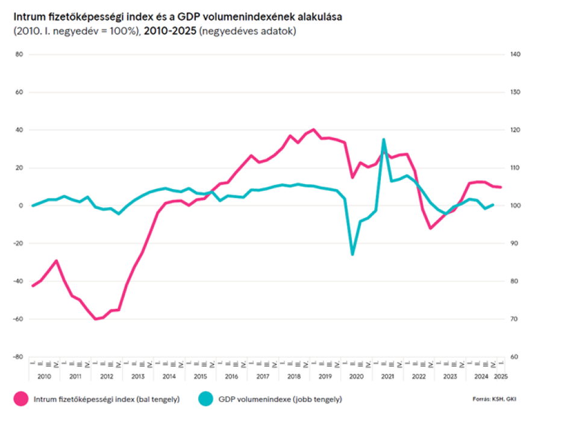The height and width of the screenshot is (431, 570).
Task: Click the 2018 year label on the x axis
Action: (294, 376)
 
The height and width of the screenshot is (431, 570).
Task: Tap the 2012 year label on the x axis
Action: (106, 376)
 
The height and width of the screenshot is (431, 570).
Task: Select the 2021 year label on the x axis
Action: (387, 376)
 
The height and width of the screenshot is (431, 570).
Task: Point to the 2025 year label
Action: (500, 376)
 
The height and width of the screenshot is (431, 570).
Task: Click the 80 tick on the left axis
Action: (19, 55)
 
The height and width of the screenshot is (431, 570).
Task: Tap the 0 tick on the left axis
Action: (20, 206)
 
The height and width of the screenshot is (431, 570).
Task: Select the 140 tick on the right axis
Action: (515, 55)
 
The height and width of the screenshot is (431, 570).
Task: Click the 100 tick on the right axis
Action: (515, 206)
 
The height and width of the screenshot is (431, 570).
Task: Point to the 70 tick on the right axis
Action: (514, 319)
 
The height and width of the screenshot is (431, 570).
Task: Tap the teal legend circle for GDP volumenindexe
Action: (205, 398)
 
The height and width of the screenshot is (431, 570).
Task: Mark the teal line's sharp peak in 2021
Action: (383, 140)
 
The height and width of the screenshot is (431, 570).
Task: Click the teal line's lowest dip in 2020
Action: (352, 255)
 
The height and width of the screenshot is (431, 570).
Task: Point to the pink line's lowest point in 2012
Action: (95, 319)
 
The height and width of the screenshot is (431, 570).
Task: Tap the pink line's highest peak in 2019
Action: (313, 129)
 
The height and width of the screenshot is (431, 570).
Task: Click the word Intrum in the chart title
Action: (28, 17)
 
